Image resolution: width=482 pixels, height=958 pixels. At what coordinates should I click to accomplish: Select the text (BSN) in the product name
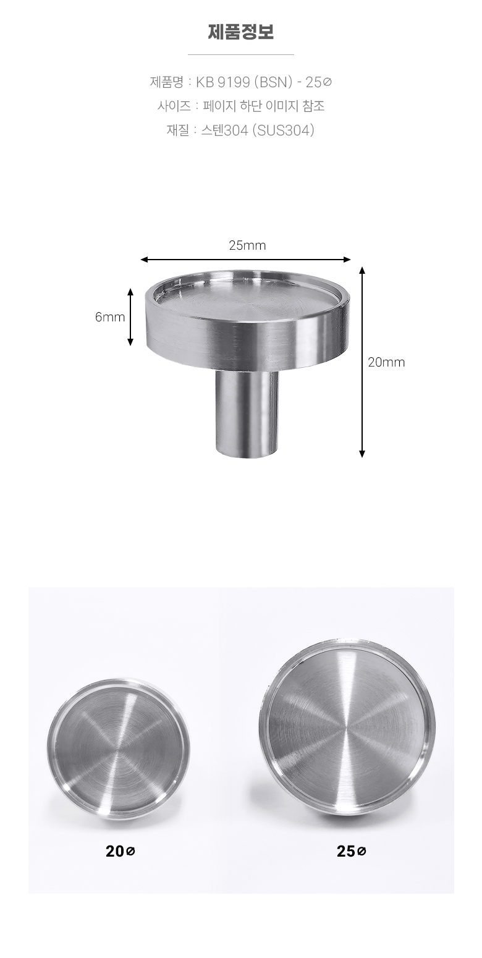click(x=273, y=82)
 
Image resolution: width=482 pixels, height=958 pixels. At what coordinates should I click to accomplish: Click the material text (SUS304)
click(x=283, y=130)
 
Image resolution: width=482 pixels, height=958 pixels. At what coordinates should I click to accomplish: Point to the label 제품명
click(x=167, y=82)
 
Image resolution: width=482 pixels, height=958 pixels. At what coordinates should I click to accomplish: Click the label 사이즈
click(x=174, y=106)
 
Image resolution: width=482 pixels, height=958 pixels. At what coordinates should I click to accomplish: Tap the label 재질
click(x=177, y=130)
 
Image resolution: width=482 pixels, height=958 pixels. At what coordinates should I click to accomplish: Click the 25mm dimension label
click(x=247, y=245)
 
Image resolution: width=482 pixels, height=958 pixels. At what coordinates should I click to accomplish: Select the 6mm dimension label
click(x=110, y=317)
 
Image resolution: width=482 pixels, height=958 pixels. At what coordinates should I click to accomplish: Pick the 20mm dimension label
click(x=386, y=362)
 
